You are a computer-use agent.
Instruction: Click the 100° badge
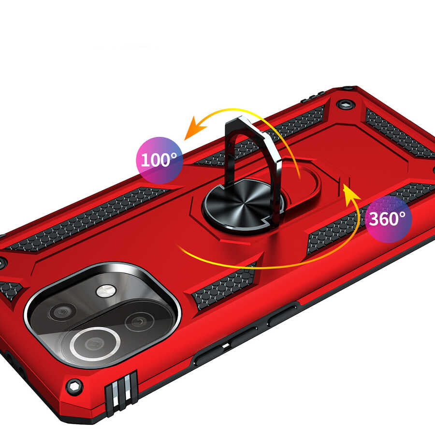159,159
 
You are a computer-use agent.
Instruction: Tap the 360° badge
388,218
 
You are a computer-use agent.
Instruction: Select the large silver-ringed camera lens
95,344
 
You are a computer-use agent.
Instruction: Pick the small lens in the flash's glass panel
62,312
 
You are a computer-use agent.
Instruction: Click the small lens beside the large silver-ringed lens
139,321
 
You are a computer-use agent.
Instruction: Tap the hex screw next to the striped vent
74,386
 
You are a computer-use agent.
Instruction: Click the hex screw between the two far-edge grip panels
345,103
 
